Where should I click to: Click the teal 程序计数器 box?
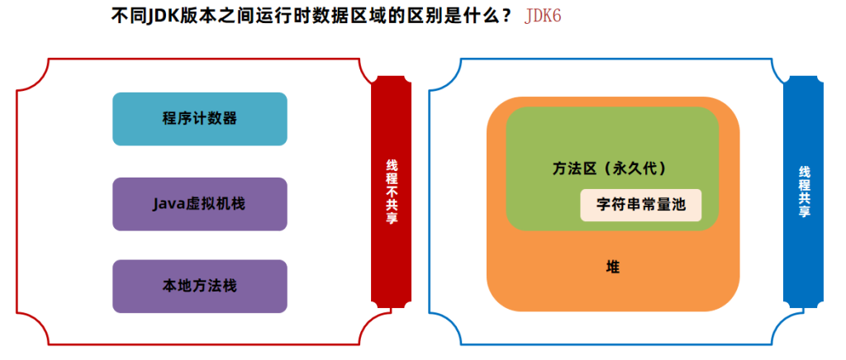click(199, 119)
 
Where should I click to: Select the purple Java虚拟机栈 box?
click(199, 203)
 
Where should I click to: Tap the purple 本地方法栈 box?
click(199, 286)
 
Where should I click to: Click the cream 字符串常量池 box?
click(640, 205)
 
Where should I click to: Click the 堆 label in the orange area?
click(613, 267)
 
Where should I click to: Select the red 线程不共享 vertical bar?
click(391, 192)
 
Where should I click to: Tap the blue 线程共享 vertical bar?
click(803, 192)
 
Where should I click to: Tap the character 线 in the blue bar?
click(803, 172)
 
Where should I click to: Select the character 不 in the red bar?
click(391, 192)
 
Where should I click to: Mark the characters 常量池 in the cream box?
click(663, 205)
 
